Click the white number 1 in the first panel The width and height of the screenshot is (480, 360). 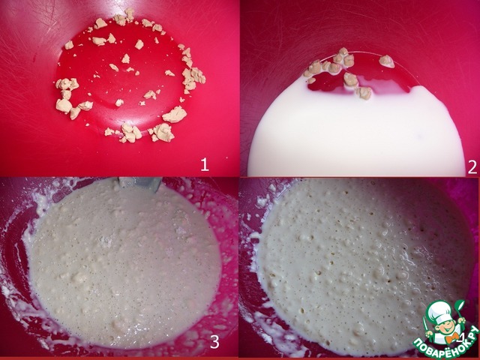point(205,165)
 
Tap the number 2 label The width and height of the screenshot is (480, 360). point(472,167)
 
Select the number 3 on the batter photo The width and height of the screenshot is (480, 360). point(214,342)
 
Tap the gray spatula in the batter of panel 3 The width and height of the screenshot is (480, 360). point(139,183)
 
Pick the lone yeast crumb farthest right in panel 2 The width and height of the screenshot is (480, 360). point(387,61)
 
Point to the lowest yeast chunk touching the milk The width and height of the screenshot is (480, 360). point(364,92)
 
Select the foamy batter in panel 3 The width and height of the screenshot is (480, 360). point(125,263)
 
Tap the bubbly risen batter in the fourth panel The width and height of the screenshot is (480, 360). point(361,260)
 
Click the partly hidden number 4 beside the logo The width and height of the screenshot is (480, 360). point(461,337)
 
